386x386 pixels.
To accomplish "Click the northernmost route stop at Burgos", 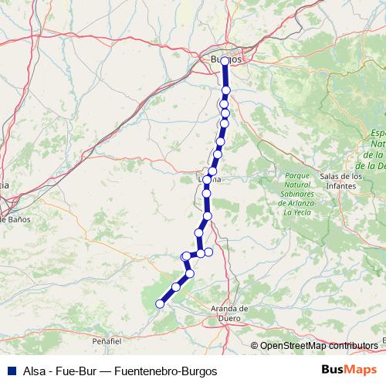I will [225, 61].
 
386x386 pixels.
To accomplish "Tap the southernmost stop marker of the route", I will [161, 304].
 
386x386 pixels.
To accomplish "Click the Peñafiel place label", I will [107, 340].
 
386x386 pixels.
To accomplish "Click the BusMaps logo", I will [350, 370].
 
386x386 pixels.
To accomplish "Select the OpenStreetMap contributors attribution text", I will [318, 346].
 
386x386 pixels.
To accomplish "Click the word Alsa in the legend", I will [36, 371].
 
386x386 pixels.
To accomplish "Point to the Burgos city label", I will [225, 59].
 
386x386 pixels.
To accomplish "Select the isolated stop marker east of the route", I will [208, 252].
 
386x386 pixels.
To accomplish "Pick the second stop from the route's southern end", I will [176, 287].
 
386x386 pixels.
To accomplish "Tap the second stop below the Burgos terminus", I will [225, 103].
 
